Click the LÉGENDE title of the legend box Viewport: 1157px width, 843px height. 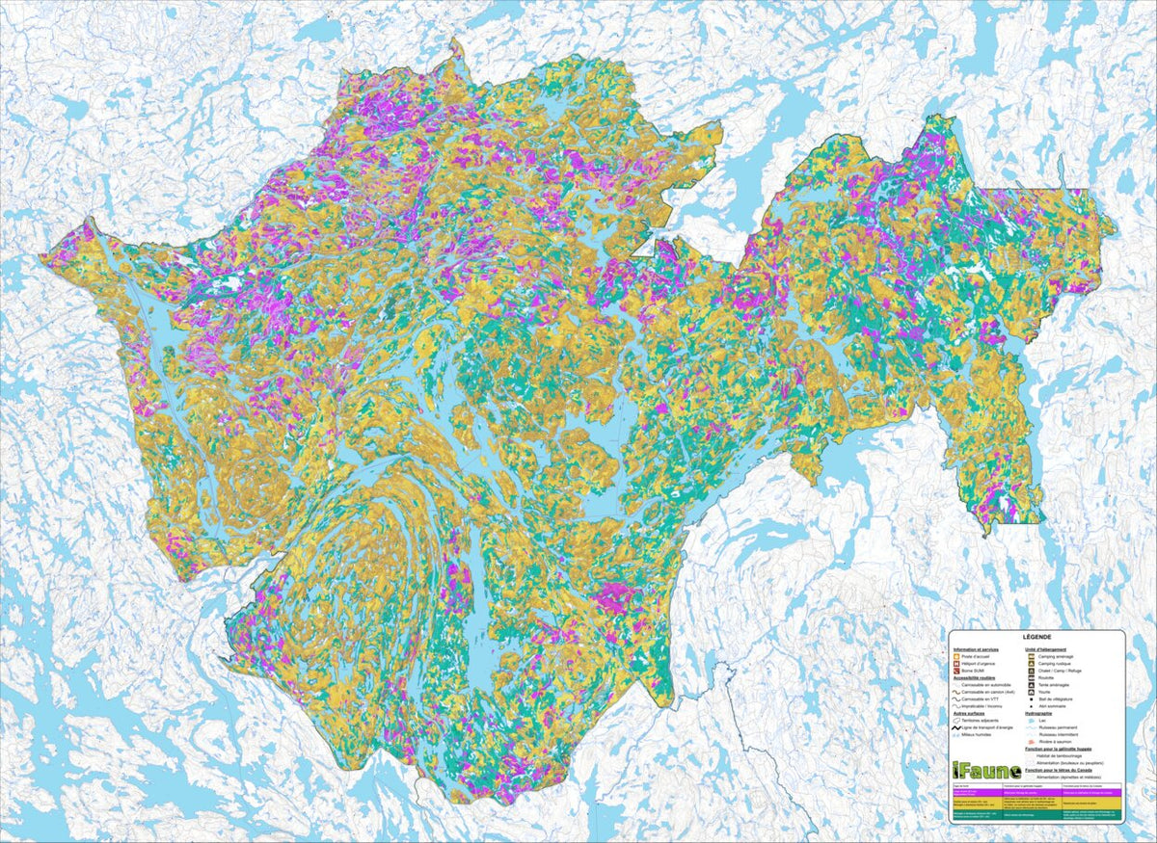click(x=1036, y=639)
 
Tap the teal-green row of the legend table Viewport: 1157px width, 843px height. click(x=1036, y=815)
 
